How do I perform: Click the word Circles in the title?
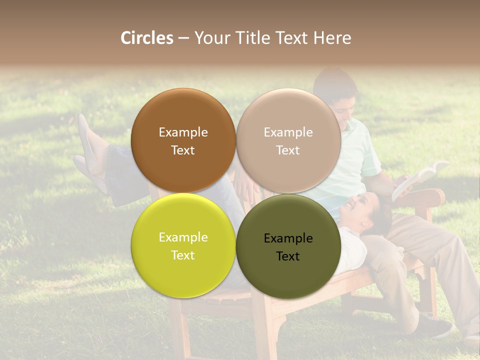(146, 38)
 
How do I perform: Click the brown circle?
(183, 140)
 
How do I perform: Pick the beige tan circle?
(288, 140)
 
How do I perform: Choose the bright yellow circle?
(183, 245)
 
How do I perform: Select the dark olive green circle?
(288, 245)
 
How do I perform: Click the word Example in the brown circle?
(183, 132)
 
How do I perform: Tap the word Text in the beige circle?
(288, 150)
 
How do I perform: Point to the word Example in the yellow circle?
(183, 237)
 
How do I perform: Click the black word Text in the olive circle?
(288, 256)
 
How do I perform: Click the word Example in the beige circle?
(288, 132)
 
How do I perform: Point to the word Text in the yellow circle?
(183, 255)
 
